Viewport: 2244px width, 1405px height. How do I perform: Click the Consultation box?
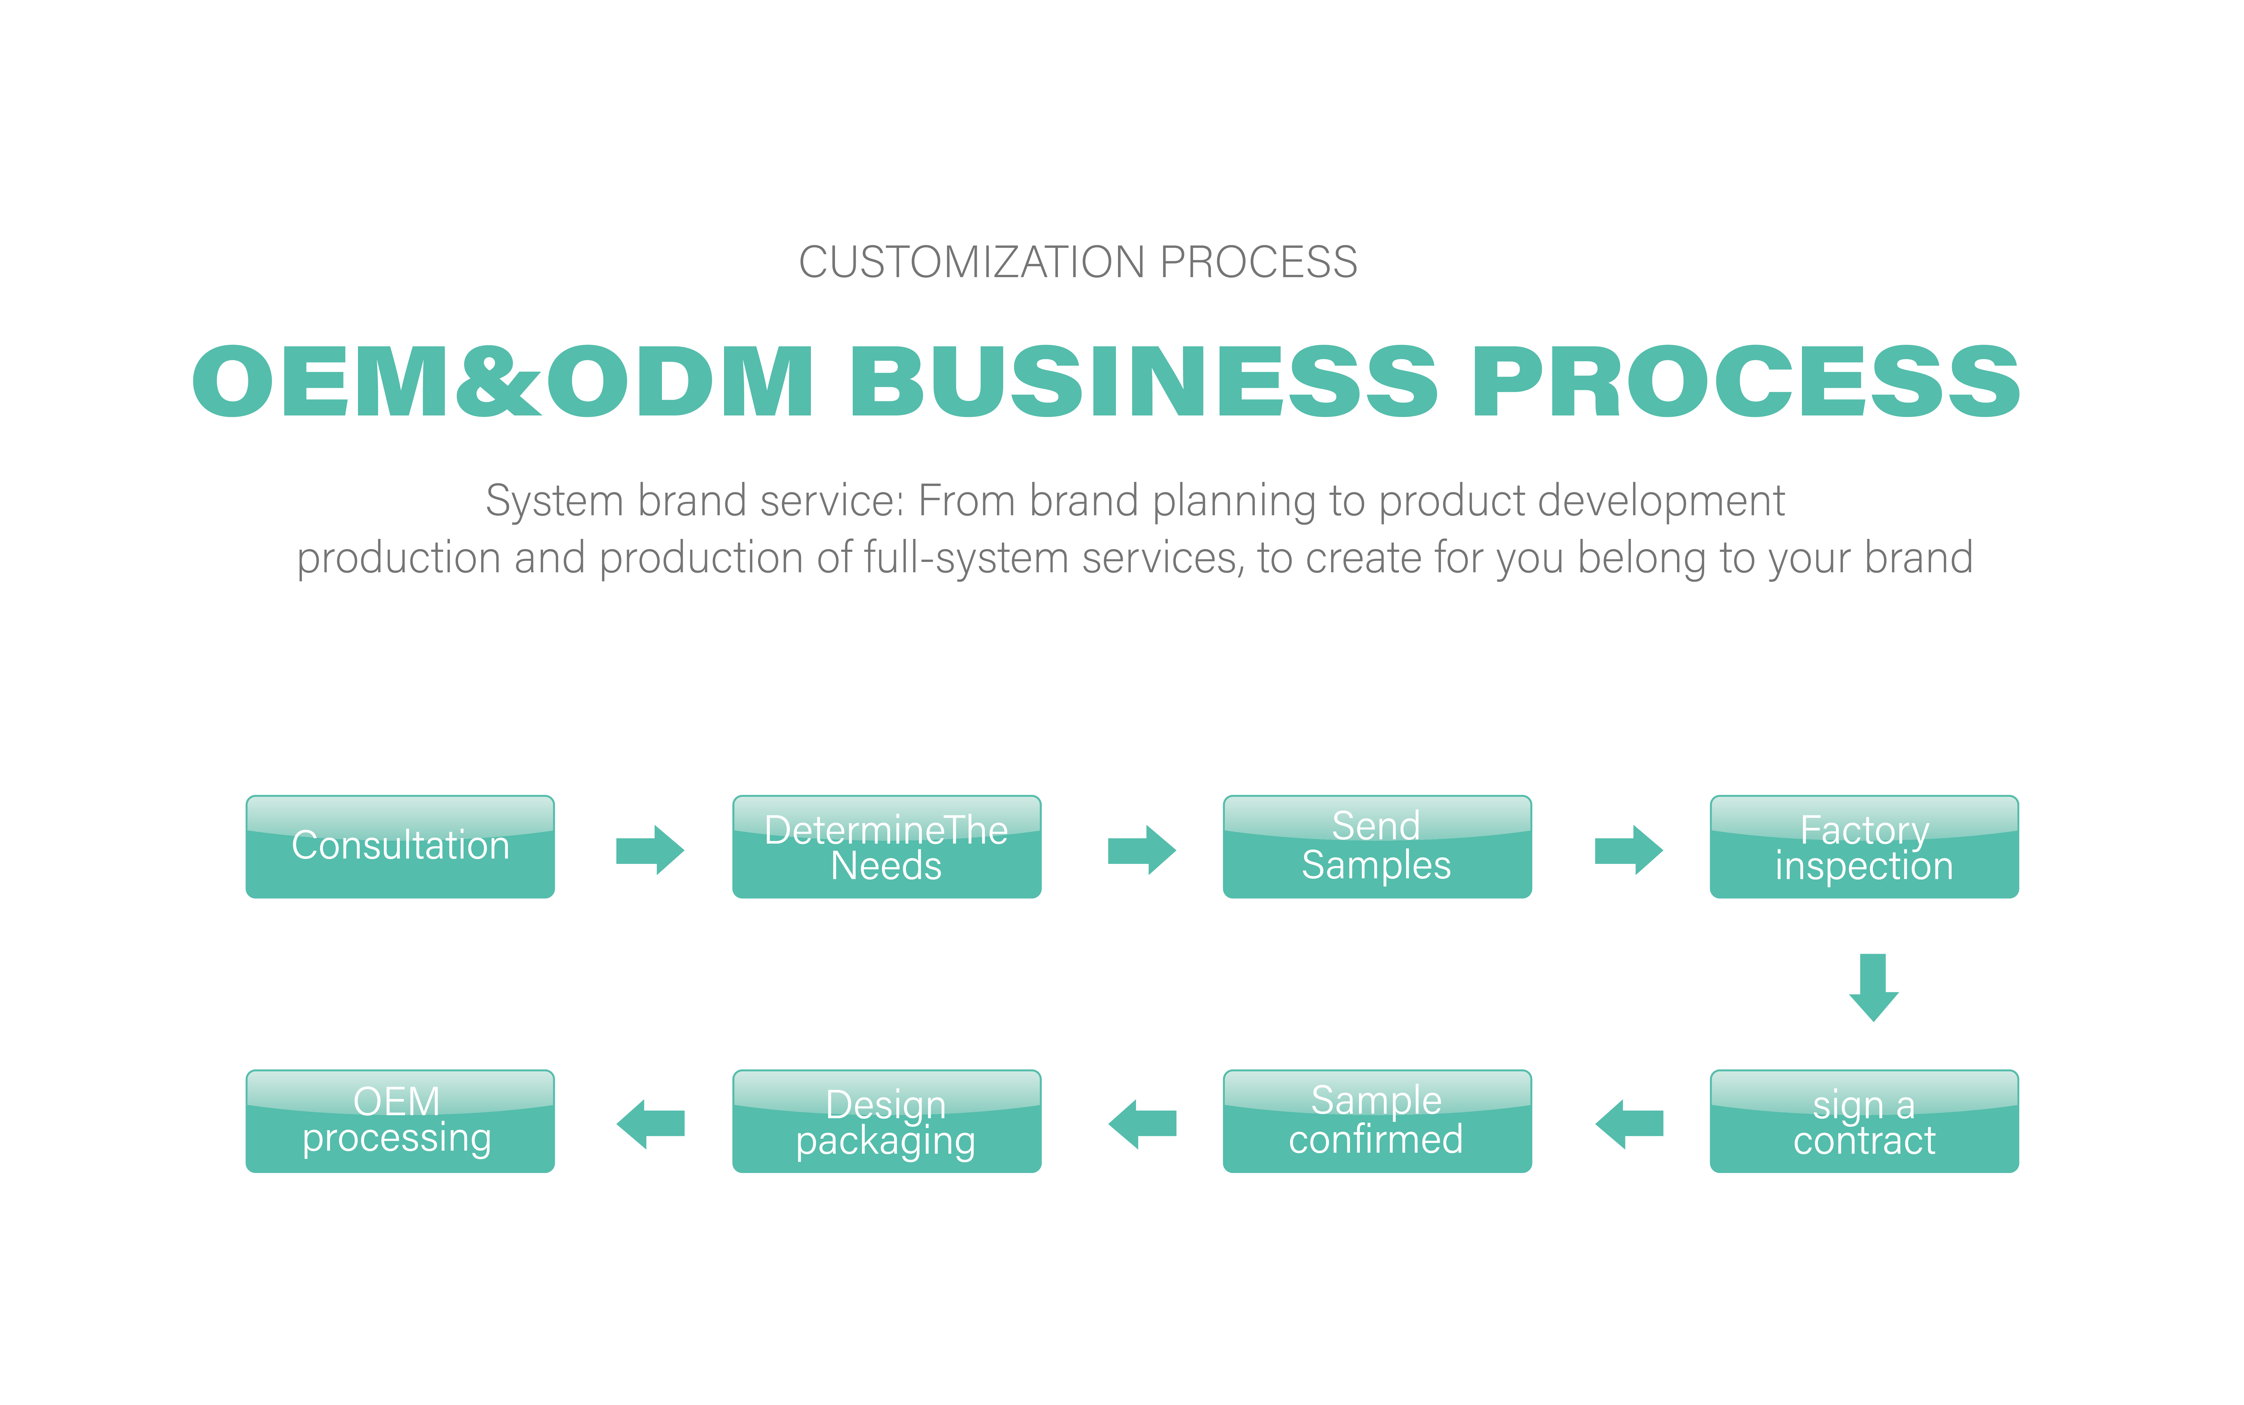tap(400, 847)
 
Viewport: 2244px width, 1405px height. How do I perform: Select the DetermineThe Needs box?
tap(886, 847)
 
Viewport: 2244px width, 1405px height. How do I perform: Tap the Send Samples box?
tap(1377, 847)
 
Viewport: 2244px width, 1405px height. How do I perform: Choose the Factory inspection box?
tap(1864, 847)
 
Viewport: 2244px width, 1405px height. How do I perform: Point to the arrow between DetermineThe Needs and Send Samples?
tap(1142, 849)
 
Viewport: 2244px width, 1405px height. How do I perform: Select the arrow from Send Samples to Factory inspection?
tap(1629, 849)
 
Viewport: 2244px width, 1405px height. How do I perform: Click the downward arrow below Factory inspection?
tap(1873, 987)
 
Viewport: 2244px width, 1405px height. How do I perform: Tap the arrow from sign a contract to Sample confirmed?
tap(1629, 1124)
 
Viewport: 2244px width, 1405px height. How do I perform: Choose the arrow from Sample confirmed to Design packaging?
tap(1142, 1124)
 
